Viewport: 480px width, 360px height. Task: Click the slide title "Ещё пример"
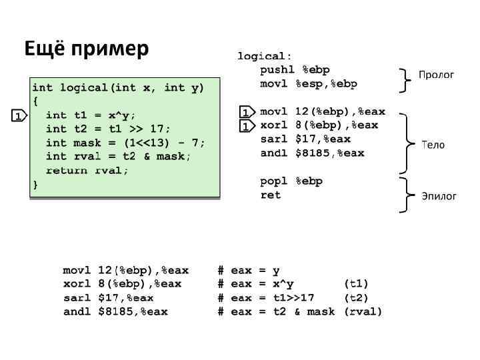(87, 49)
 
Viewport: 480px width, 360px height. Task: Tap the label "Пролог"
(436, 74)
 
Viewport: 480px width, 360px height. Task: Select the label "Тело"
(433, 145)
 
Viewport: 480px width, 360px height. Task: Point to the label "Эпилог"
(439, 196)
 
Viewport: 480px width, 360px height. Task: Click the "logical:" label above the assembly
(265, 56)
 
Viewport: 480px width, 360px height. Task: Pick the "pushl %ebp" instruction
(295, 69)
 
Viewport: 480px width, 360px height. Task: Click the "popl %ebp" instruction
(291, 181)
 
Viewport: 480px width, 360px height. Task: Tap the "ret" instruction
(271, 195)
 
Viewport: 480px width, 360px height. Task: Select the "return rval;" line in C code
(87, 171)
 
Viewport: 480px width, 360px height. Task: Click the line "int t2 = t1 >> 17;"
(108, 129)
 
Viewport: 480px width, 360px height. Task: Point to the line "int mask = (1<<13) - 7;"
(125, 143)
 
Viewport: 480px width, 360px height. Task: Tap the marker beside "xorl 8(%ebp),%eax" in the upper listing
(247, 126)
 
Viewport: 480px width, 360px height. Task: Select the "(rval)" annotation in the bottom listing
(363, 312)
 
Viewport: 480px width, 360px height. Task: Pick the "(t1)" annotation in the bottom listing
(357, 284)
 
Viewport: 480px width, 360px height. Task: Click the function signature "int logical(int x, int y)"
(118, 87)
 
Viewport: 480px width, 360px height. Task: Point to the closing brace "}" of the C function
(35, 185)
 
